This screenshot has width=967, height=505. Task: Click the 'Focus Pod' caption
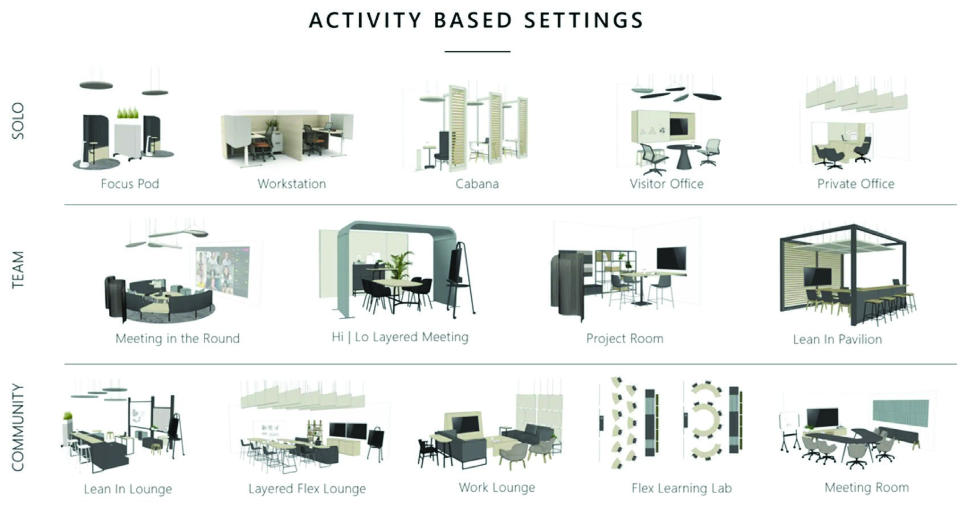tap(129, 184)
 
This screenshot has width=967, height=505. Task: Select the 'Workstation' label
tap(291, 184)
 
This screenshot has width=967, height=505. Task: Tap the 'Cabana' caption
tap(477, 184)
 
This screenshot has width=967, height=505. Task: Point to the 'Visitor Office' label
tap(666, 184)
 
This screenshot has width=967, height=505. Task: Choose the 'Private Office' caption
tap(855, 184)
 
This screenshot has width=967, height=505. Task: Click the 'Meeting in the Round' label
tap(177, 339)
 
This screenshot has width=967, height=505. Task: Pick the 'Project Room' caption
tap(625, 339)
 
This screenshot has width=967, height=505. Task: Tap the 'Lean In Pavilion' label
tap(837, 340)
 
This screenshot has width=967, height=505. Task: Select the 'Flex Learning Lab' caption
tap(681, 488)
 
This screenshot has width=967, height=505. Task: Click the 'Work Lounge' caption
tap(497, 487)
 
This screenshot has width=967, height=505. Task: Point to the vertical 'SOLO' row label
tap(18, 120)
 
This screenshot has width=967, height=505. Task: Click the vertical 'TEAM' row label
tap(18, 270)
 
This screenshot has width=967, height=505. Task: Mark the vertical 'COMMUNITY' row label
tap(18, 427)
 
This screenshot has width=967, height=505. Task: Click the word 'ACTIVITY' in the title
tap(365, 21)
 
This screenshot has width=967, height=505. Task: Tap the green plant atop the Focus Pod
tap(128, 113)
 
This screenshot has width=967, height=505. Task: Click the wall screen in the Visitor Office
tap(682, 124)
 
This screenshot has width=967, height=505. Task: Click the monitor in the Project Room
tap(672, 258)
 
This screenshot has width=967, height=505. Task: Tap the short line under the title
tap(477, 51)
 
